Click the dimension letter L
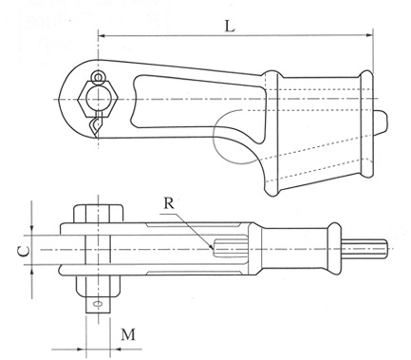[230, 26]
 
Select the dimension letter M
[128, 334]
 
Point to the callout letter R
[169, 203]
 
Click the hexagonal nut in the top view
[99, 99]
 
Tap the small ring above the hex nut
[99, 76]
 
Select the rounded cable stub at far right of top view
[381, 123]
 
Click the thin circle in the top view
[214, 136]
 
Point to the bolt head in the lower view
[99, 213]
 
